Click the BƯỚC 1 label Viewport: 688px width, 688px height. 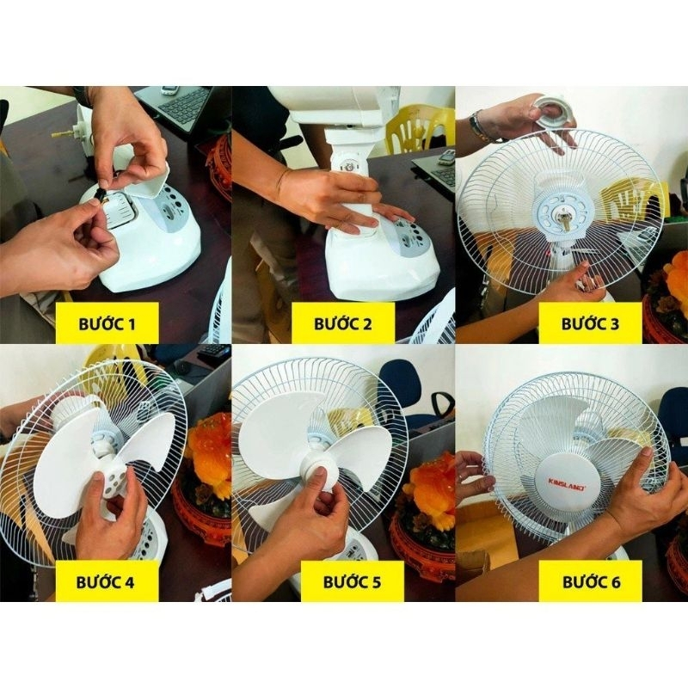107,324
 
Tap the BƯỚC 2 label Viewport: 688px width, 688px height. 342,324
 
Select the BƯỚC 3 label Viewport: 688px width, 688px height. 590,324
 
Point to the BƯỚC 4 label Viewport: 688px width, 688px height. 105,582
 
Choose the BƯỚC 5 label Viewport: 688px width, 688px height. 352,582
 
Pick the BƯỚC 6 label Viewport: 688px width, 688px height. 592,582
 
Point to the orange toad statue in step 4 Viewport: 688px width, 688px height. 206,443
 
